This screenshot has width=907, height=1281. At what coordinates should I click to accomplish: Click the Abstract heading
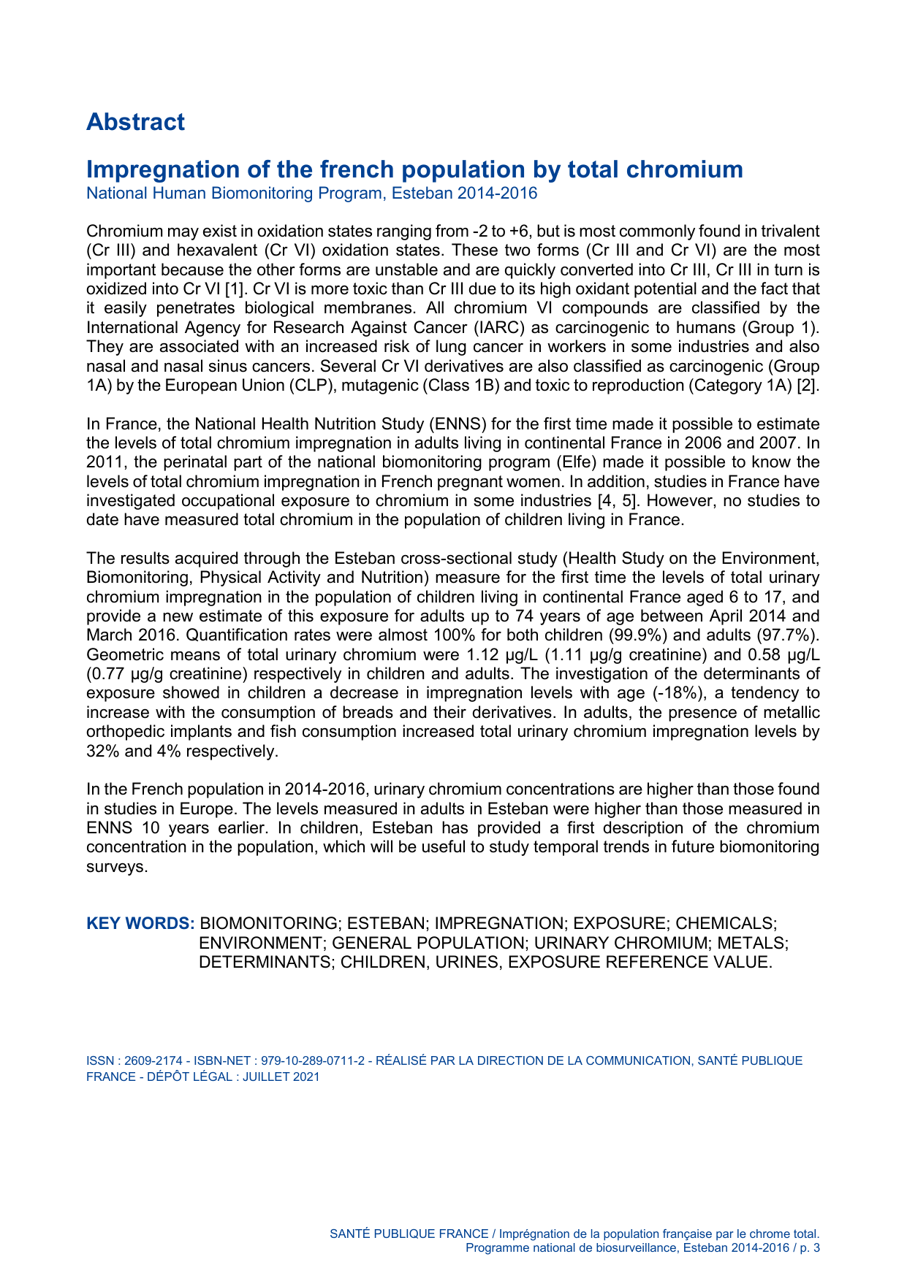(135, 122)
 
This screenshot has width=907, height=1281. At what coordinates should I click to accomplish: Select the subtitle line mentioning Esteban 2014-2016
(311, 194)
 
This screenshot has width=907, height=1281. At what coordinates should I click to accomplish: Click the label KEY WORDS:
(140, 924)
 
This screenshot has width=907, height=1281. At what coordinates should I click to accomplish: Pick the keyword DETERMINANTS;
(267, 963)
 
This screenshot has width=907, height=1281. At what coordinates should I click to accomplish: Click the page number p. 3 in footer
(810, 1248)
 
